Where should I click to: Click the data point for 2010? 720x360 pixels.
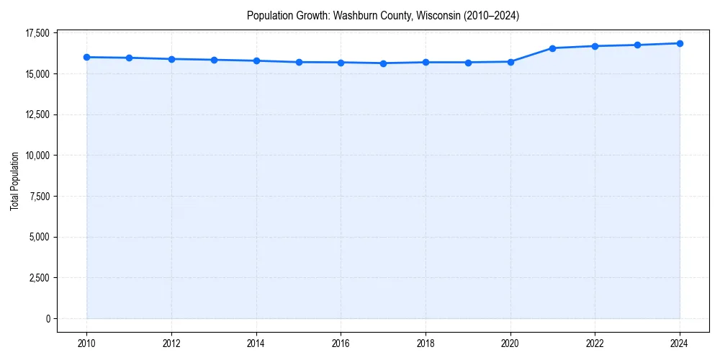point(86,57)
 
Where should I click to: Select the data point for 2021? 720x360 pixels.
point(552,48)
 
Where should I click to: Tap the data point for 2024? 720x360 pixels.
point(680,43)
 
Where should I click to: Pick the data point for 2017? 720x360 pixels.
point(383,63)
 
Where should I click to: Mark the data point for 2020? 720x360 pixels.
point(510,62)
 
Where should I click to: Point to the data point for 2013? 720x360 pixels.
point(214,60)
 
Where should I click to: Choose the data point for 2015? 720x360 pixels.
point(299,62)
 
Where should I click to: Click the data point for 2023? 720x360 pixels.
point(637,45)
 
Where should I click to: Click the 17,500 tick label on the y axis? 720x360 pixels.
point(37,33)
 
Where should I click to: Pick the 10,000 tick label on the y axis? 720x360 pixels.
point(37,156)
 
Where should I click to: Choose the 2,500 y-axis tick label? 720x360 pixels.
point(39,278)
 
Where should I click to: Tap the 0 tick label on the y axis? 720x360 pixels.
point(47,318)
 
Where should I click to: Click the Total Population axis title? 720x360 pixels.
point(14,181)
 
